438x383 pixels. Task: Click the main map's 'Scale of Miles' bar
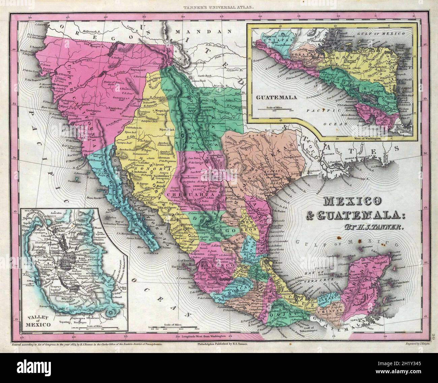pyautogui.click(x=173, y=326)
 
